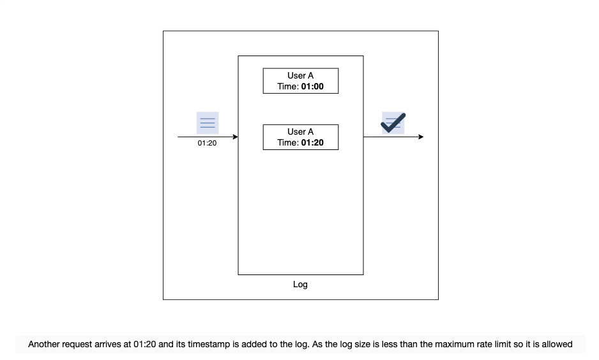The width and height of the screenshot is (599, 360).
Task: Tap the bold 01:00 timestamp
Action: coord(312,87)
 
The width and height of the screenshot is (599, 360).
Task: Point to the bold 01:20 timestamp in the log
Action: coord(312,143)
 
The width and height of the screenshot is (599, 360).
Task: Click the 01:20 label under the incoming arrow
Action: coord(207,143)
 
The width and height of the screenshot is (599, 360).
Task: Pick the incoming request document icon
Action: coord(208,123)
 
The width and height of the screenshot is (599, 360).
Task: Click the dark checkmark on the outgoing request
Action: coord(393,123)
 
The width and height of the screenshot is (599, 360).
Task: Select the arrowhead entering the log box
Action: coord(235,137)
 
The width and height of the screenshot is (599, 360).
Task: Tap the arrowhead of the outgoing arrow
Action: coord(421,137)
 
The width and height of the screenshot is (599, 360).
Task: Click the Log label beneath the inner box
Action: coord(300,285)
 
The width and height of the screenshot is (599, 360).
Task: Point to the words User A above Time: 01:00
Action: coord(300,75)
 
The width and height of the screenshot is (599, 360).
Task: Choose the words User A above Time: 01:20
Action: coord(300,131)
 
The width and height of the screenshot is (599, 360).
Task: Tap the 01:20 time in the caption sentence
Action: coord(144,344)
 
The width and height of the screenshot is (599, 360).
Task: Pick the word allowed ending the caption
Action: coord(557,344)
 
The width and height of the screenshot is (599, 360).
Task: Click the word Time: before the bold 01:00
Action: coord(288,87)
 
